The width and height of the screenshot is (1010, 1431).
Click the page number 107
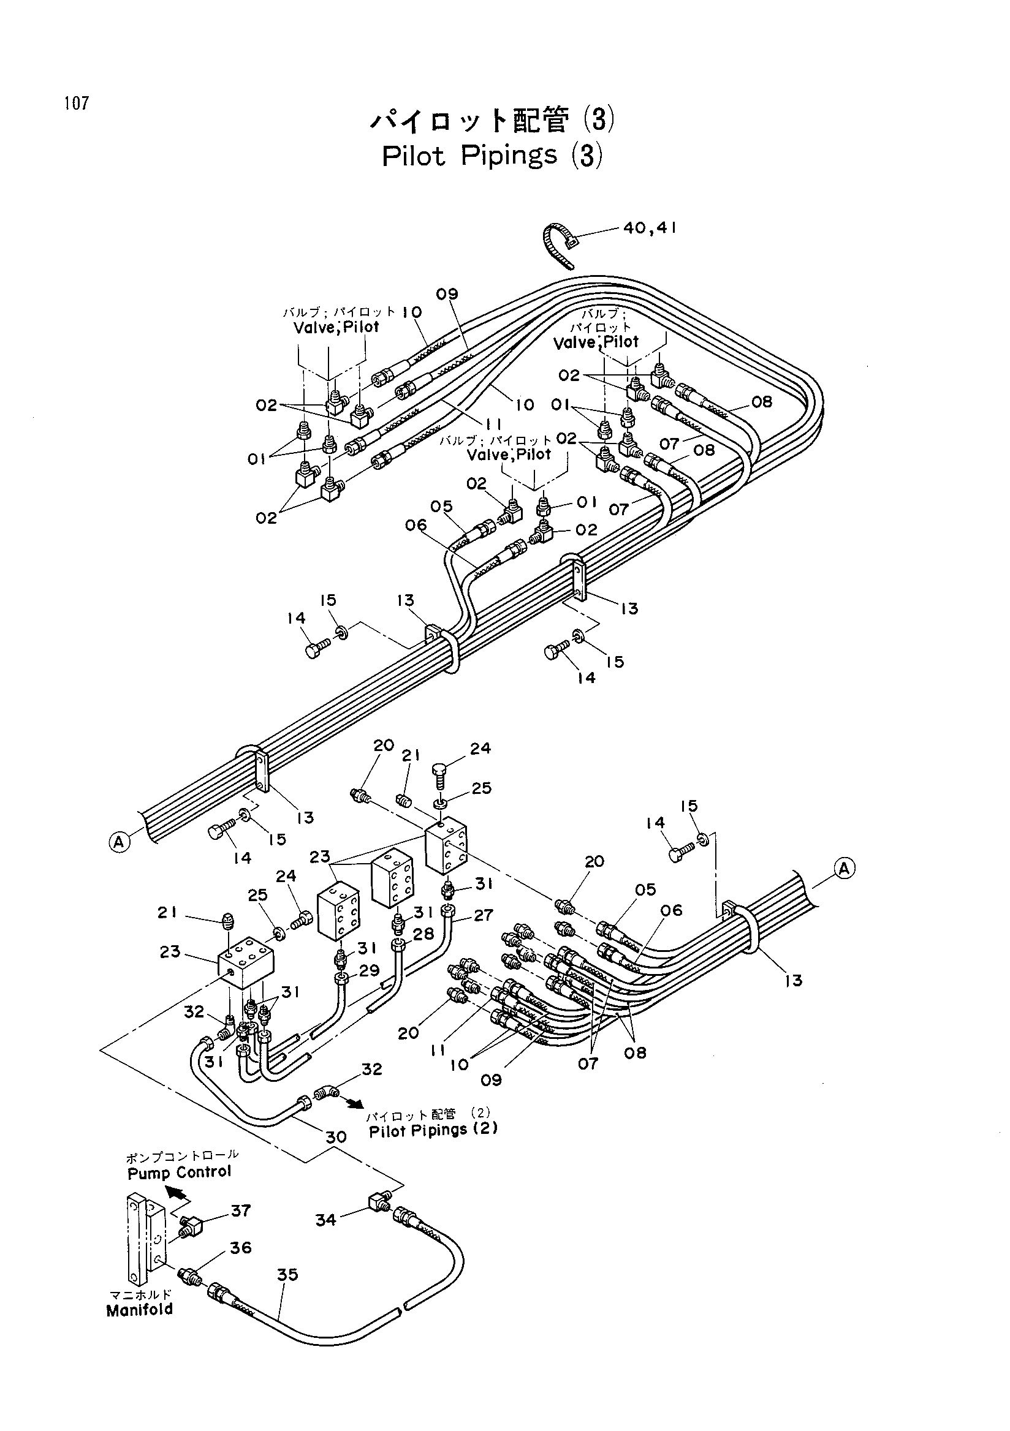(x=76, y=103)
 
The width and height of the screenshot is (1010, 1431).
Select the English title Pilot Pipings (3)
(x=492, y=156)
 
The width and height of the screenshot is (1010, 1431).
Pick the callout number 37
(x=241, y=1210)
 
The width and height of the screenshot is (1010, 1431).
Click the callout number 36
(x=241, y=1247)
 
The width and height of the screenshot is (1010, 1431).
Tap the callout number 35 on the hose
(x=287, y=1275)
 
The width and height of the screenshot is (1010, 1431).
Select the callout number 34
(x=325, y=1220)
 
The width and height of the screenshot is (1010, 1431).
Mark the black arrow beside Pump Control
(x=177, y=1194)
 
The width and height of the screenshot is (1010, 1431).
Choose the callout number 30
(x=336, y=1137)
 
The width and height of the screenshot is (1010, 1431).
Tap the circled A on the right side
(x=845, y=868)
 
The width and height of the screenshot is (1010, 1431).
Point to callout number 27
(x=483, y=915)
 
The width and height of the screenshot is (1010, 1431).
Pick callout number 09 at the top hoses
(x=447, y=293)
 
